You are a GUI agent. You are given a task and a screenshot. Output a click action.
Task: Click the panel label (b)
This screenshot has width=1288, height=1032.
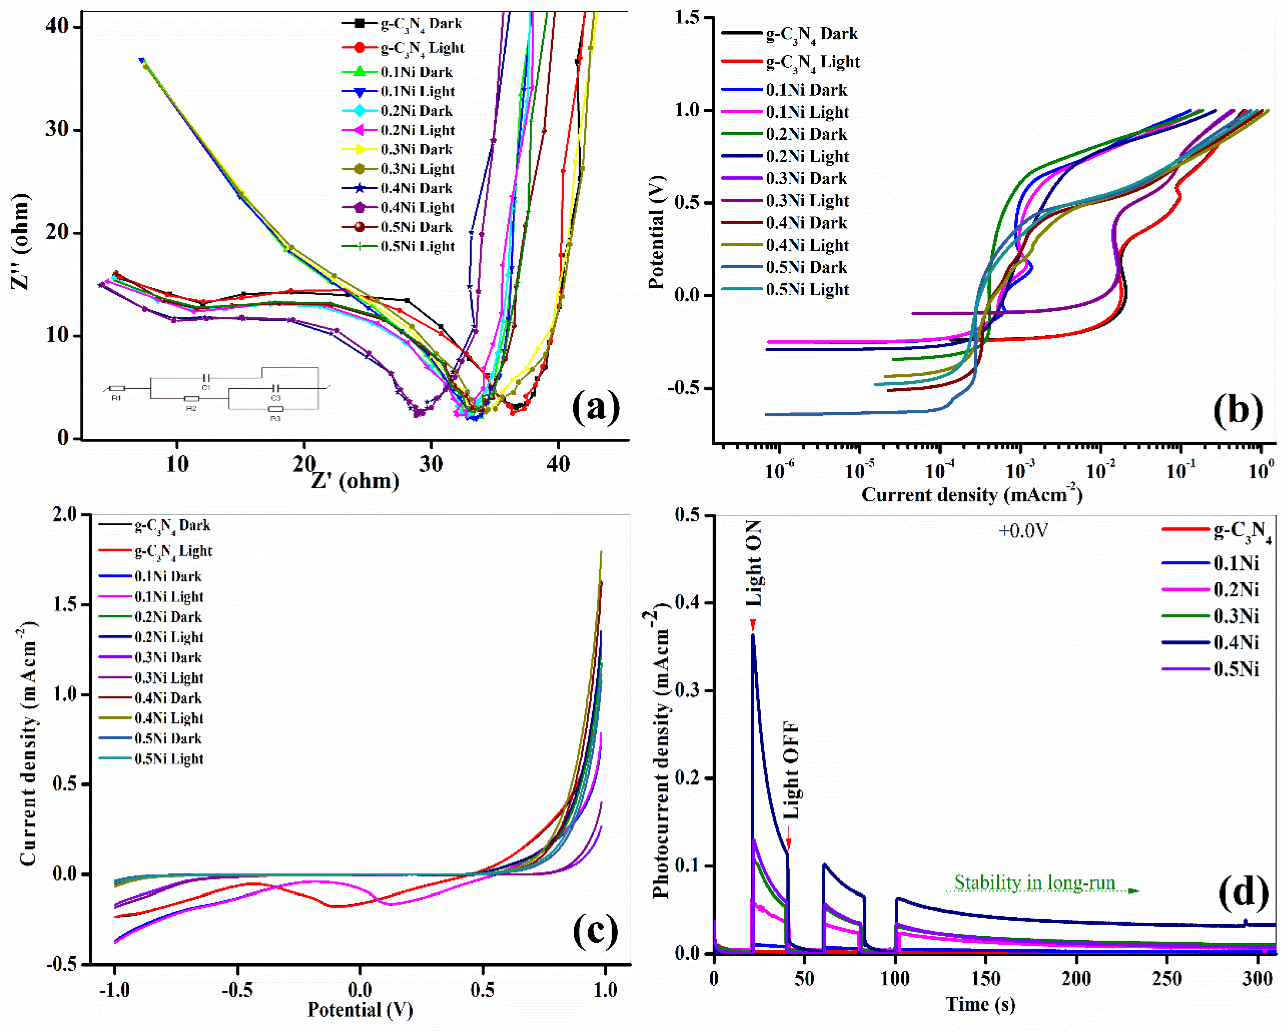tap(1238, 411)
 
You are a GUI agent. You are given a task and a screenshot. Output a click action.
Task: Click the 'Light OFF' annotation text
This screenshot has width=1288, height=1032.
tap(791, 770)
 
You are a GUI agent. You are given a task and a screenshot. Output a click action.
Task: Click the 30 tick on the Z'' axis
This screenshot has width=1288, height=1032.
tap(59, 130)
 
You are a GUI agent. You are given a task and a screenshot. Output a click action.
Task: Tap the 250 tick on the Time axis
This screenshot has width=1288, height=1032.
tap(1167, 978)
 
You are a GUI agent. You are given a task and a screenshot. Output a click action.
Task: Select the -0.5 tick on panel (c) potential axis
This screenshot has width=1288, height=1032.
tap(237, 990)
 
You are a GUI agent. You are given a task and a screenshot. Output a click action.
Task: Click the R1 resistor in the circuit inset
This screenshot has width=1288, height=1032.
tap(117, 389)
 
